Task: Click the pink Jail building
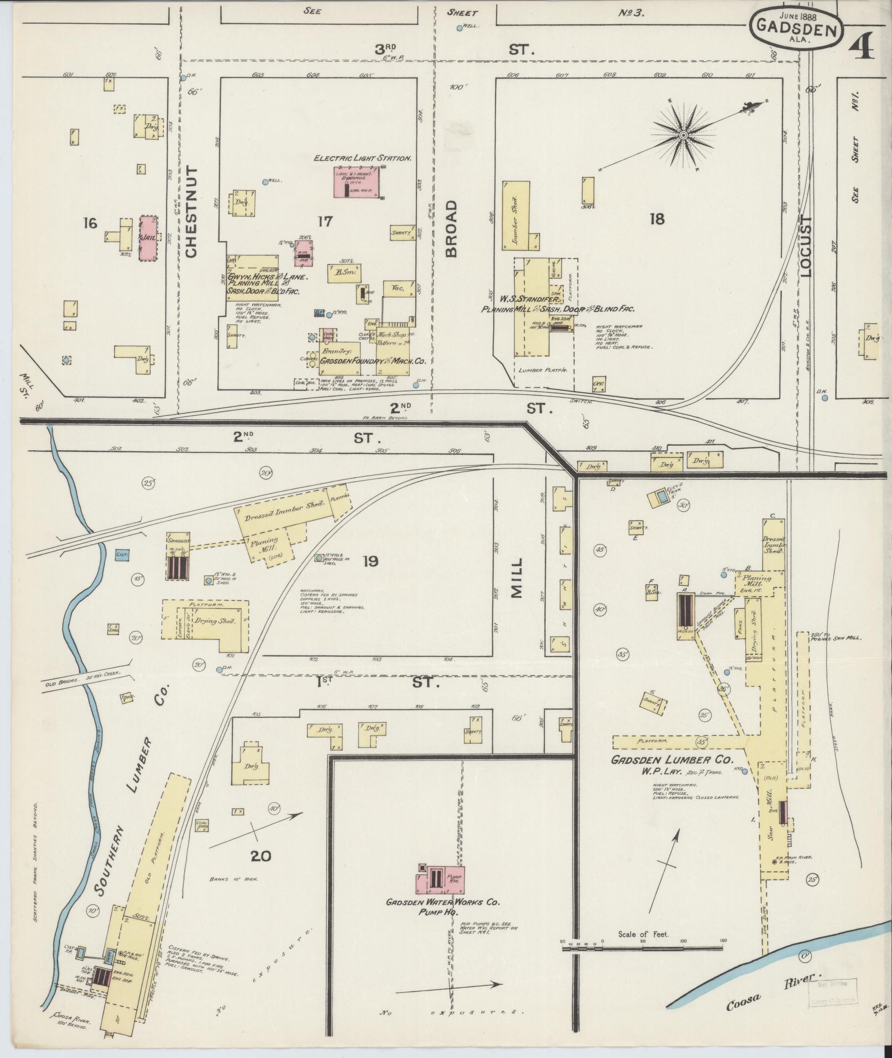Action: (148, 238)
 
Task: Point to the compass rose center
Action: (684, 135)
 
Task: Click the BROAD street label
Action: (452, 229)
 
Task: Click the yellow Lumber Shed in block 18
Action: (515, 214)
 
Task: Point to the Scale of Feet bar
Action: (642, 948)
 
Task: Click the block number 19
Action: (370, 562)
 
